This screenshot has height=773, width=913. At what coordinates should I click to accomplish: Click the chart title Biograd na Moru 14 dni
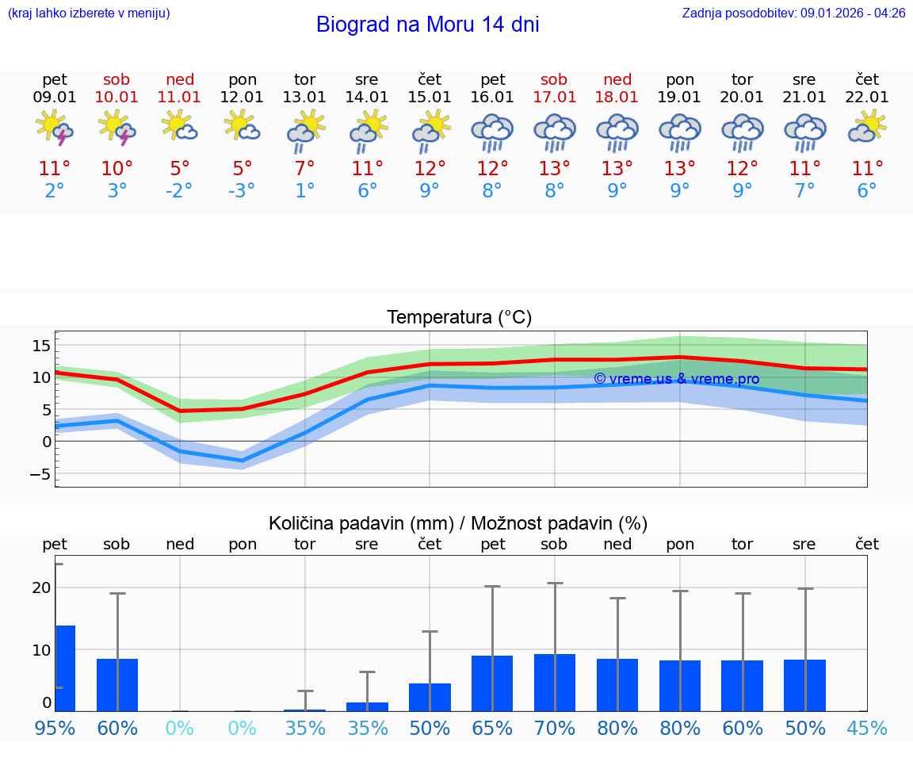point(427,25)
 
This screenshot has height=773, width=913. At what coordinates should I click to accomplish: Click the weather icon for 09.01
point(55,128)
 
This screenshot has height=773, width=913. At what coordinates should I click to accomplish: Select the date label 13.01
point(304,98)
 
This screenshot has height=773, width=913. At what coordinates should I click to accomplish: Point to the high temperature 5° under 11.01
point(180,169)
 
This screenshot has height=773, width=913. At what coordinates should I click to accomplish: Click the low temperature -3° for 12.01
point(243,191)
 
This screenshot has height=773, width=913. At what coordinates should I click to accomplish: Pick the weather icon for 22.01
point(867,127)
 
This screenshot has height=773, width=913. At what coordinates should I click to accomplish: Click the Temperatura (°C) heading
point(459,318)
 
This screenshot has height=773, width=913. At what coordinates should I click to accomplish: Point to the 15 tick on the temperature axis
point(41,346)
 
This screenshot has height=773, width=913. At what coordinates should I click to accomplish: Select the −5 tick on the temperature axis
point(40,475)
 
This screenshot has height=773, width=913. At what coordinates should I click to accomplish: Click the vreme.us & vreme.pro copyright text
point(676,379)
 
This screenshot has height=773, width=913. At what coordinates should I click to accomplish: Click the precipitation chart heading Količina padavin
point(458,523)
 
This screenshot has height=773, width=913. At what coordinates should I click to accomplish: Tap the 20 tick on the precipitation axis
point(41,587)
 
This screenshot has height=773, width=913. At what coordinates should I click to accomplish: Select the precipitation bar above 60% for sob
point(117,685)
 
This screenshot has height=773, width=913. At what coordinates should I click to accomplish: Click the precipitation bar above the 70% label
point(555,683)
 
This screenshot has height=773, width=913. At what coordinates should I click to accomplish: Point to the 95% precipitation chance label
point(55,728)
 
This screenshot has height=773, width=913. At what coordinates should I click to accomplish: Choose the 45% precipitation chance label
point(867,728)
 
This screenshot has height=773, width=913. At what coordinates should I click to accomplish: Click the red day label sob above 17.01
point(554,80)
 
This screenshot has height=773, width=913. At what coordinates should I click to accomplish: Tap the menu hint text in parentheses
point(89,13)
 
